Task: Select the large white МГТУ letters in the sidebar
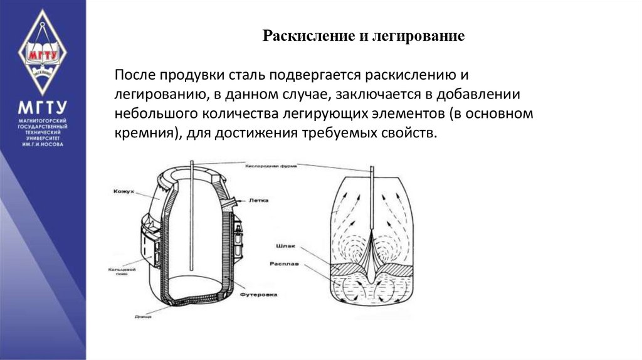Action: pos(42,107)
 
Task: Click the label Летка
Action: pos(259,201)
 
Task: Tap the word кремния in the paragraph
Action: pos(141,134)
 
